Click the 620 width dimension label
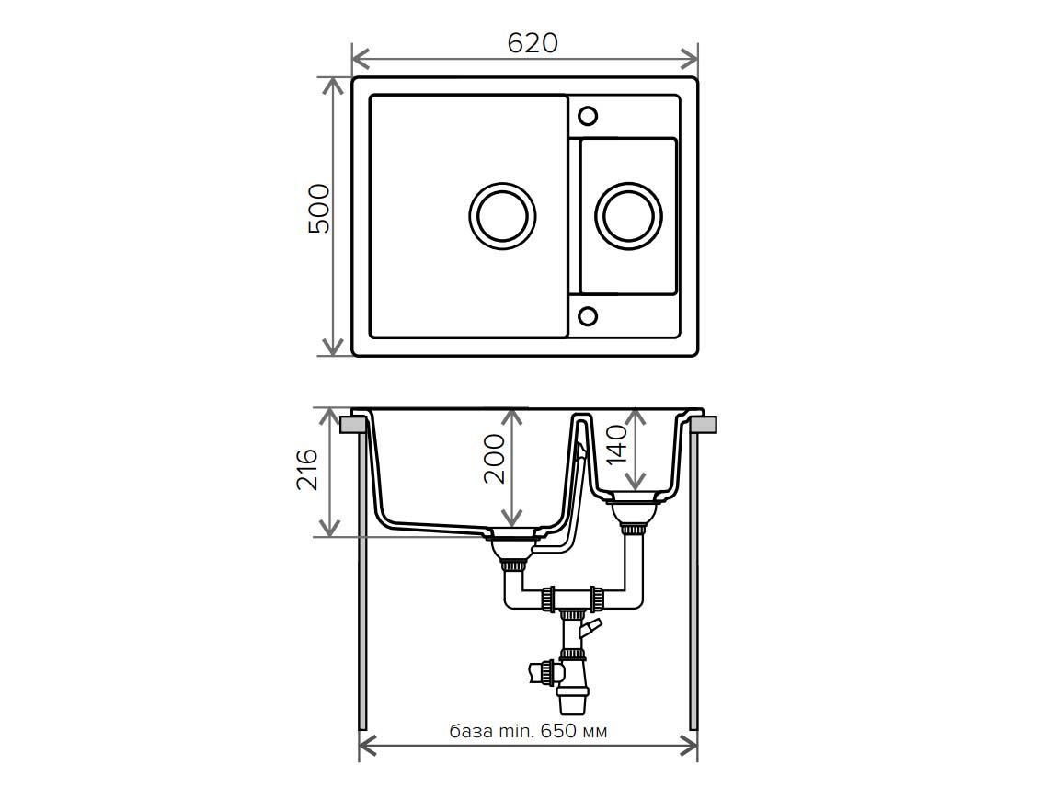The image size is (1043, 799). click(533, 43)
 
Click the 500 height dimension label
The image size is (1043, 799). click(319, 208)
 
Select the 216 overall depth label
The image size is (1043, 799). click(307, 469)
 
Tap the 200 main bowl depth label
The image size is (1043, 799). click(494, 459)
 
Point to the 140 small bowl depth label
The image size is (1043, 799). click(616, 443)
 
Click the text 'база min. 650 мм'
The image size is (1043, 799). click(528, 731)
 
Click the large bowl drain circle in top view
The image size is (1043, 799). click(502, 216)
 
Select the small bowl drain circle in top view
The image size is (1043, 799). click(628, 216)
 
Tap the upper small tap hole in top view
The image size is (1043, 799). click(588, 117)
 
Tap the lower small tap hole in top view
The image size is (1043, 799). click(588, 316)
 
